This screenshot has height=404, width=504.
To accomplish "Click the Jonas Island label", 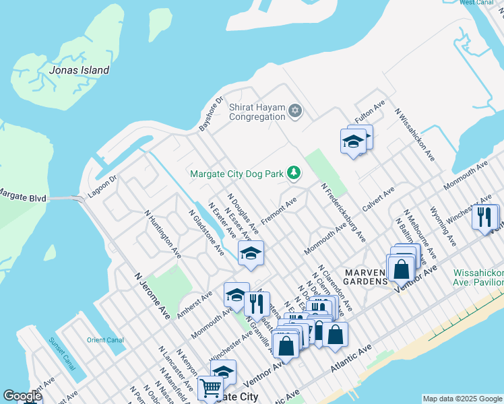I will [x=80, y=70].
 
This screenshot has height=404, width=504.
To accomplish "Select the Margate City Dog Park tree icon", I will [x=293, y=174].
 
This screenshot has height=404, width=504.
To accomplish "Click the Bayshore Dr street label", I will [x=210, y=116].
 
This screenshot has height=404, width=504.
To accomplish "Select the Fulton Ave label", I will [x=369, y=116].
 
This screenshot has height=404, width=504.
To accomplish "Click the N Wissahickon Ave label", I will [x=415, y=135].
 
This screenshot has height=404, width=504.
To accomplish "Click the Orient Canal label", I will [x=105, y=339].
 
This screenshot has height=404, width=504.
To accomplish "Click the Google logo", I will [x=22, y=396].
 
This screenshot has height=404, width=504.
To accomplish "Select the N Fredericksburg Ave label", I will [x=343, y=213].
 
